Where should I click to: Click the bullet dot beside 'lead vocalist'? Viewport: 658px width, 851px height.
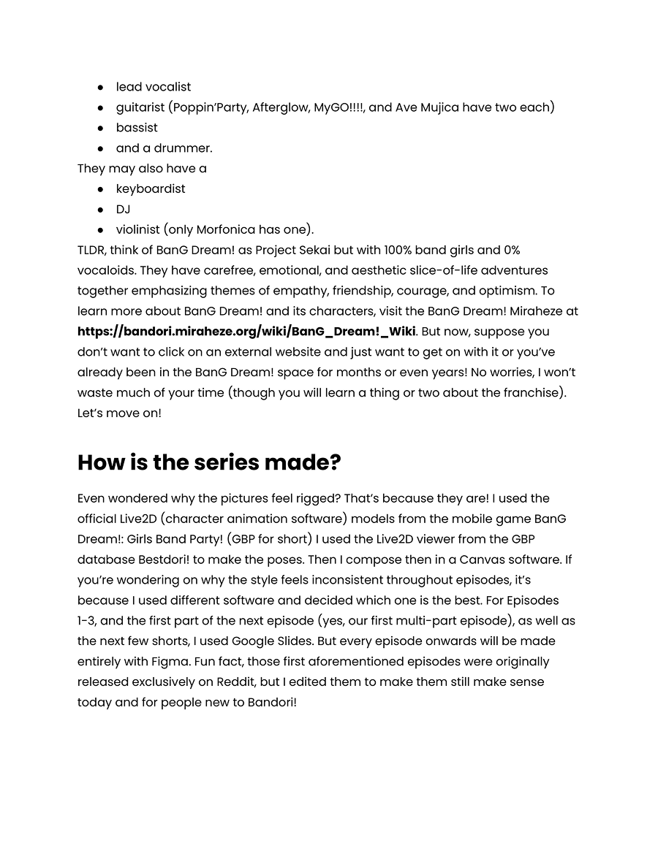click(x=100, y=87)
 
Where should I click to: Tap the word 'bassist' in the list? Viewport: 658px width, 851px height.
click(x=137, y=128)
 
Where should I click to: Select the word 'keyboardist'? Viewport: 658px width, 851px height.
click(x=151, y=188)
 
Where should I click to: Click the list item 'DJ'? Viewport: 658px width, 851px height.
click(x=123, y=209)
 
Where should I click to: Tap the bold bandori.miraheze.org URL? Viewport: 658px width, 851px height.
click(x=246, y=332)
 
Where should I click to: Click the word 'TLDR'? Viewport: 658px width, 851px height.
click(x=91, y=250)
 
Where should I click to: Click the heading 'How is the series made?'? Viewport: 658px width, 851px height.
click(x=209, y=462)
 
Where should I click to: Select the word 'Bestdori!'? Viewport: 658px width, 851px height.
click(x=160, y=560)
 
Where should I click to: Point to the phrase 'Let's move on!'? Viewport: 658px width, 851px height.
click(x=119, y=413)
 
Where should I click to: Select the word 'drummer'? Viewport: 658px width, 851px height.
click(x=185, y=148)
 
